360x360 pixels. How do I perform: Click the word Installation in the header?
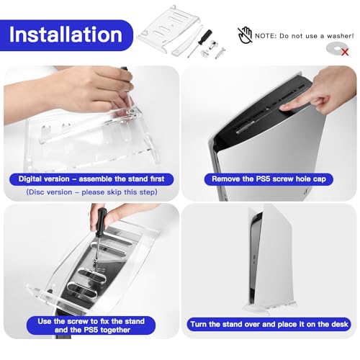point(66,34)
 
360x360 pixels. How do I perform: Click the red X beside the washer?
point(345,52)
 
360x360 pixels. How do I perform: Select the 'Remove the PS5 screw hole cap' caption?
point(270,179)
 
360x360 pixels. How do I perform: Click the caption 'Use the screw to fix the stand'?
point(90,320)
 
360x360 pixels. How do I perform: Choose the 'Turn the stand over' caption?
point(270,325)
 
